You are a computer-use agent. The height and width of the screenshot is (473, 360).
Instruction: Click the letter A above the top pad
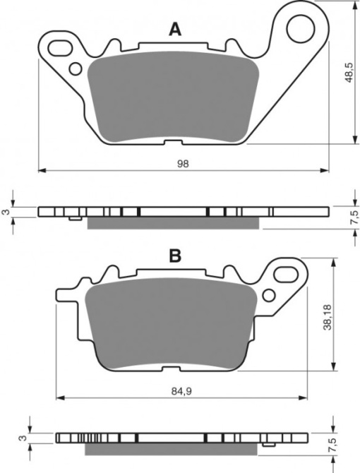(175, 30)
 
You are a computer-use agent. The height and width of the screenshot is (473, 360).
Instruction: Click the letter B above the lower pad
(175, 256)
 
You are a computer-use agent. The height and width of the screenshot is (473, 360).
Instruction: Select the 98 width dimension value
(183, 164)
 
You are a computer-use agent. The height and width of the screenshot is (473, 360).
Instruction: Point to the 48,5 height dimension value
(349, 73)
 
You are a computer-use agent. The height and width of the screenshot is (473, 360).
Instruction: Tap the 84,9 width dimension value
(182, 391)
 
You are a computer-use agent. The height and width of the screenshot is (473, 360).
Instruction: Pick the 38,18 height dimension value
(328, 317)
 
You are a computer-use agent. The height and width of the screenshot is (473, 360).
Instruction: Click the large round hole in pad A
(300, 29)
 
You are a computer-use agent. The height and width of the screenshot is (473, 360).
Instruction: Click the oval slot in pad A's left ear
(60, 48)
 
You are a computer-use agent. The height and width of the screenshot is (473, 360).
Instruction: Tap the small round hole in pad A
(76, 68)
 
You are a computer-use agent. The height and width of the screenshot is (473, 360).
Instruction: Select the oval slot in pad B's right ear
(285, 275)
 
